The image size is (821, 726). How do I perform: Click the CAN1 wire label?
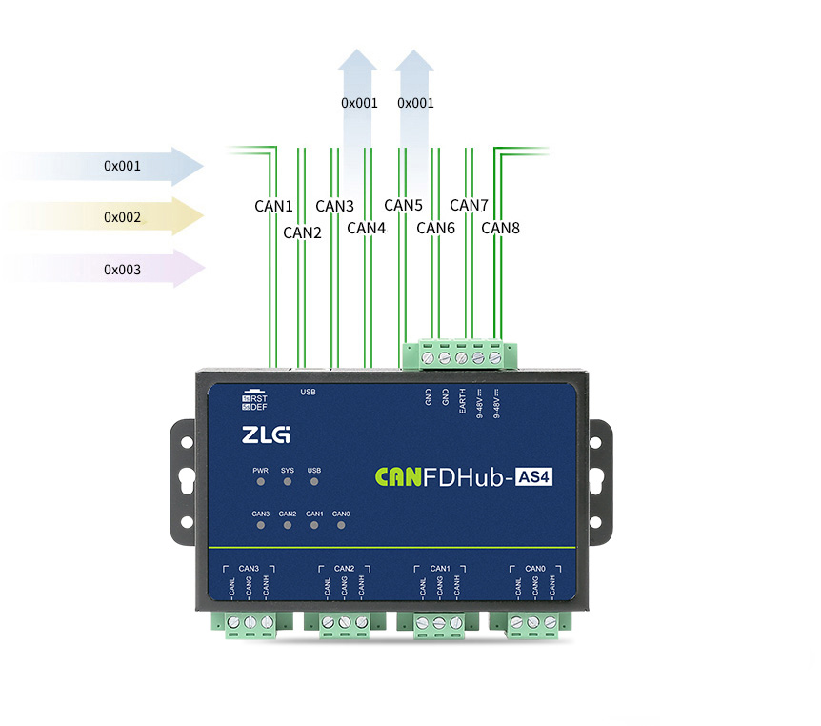point(273,206)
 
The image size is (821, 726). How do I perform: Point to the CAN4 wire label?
point(366,228)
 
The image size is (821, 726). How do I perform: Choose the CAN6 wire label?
point(436,229)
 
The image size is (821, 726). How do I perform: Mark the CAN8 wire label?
point(500,228)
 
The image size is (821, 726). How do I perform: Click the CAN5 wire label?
point(403,205)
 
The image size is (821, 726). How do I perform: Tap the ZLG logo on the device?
point(266,435)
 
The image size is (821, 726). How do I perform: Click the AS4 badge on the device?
point(533,477)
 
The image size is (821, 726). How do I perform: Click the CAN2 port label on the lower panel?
point(344,569)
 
